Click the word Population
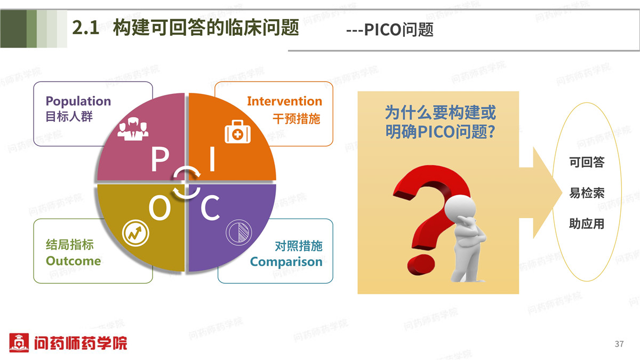coord(78,101)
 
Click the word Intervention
coord(285,101)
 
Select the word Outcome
coord(74,261)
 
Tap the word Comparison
coord(286,262)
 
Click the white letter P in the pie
coord(159,159)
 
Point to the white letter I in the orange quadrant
coord(212,159)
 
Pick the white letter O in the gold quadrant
coord(159,208)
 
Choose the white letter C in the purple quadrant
coord(210,208)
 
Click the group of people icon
coord(133,129)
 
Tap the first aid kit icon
coord(237,132)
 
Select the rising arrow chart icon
coord(135,233)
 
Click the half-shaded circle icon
coord(239,233)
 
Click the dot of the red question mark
coord(421,266)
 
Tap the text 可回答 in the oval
coord(587,162)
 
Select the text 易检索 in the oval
coord(587,193)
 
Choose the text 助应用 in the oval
coord(587,223)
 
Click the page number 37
coord(619,343)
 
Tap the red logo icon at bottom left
coord(19,342)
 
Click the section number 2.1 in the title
coord(86,28)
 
